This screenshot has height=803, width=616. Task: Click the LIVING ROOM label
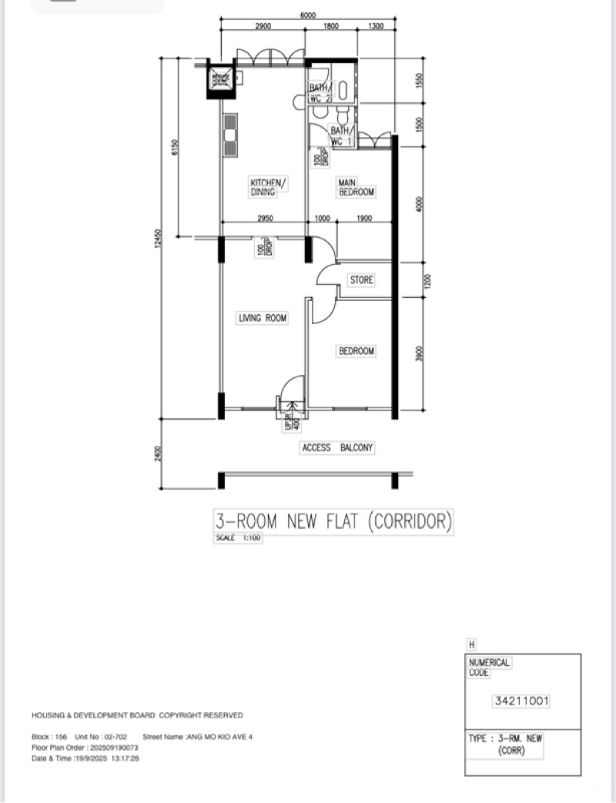point(262,318)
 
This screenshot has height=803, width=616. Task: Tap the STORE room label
point(361,280)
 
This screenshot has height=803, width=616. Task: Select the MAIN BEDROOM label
point(356,187)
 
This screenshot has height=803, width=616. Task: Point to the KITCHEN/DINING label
point(268,187)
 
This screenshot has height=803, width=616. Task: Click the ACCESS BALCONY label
point(338,448)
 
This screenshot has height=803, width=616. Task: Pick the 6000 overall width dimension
point(308,15)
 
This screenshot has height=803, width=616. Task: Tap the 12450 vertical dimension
point(158,239)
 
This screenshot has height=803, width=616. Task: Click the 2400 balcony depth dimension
point(158,454)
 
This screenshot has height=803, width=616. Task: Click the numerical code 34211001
point(522,701)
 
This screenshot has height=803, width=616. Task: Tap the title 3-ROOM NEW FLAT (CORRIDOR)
point(333,521)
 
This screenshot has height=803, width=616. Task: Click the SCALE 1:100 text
point(238,538)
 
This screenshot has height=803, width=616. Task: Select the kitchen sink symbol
point(229,136)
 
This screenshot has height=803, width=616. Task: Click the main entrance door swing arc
point(290,386)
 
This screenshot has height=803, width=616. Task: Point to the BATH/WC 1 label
point(340,136)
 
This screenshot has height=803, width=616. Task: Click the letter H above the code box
point(471,644)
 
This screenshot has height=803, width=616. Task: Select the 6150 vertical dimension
point(175,146)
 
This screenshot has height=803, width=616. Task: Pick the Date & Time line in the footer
point(85,758)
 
